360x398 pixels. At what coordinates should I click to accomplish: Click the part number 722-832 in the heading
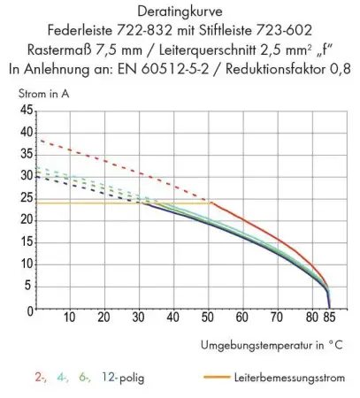coord(153,31)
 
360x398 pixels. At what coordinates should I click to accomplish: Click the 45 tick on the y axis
coord(24,111)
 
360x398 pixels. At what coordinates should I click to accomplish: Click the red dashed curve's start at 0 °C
coord(35,138)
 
